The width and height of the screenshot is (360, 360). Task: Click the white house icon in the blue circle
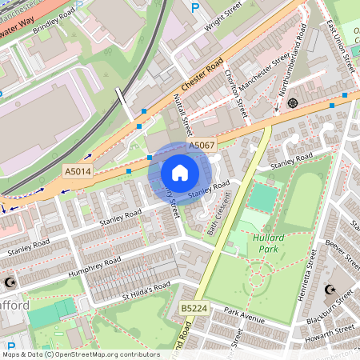(x=180, y=173)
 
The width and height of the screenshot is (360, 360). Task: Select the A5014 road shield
(x=76, y=171)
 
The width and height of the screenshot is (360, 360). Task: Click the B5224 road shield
(x=192, y=307)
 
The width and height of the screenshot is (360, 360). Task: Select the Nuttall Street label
(x=183, y=113)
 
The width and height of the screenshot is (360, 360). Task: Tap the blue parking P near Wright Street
(x=195, y=8)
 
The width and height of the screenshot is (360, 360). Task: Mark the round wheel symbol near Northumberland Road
(x=292, y=102)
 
